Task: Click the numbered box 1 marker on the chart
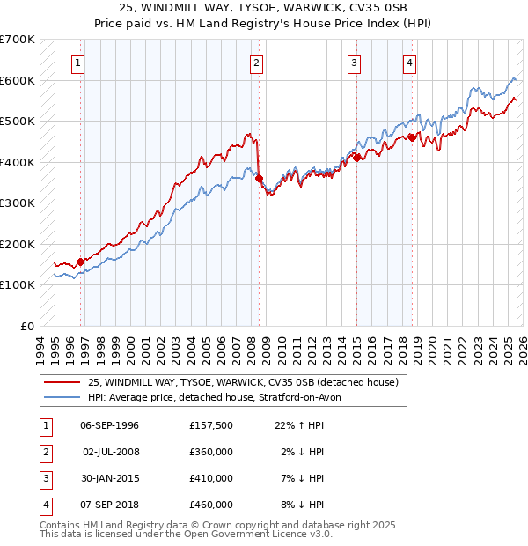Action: click(79, 63)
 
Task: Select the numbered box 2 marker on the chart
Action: click(256, 63)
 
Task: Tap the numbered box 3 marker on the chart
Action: click(354, 63)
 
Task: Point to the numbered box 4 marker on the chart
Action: click(410, 63)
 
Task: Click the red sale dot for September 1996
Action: click(81, 262)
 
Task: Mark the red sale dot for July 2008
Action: click(260, 179)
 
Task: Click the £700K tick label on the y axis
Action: click(18, 40)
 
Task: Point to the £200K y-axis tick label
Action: click(18, 244)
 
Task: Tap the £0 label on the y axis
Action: click(26, 326)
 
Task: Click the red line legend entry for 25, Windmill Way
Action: click(244, 382)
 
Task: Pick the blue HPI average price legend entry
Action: click(219, 397)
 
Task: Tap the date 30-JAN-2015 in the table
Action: click(109, 478)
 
